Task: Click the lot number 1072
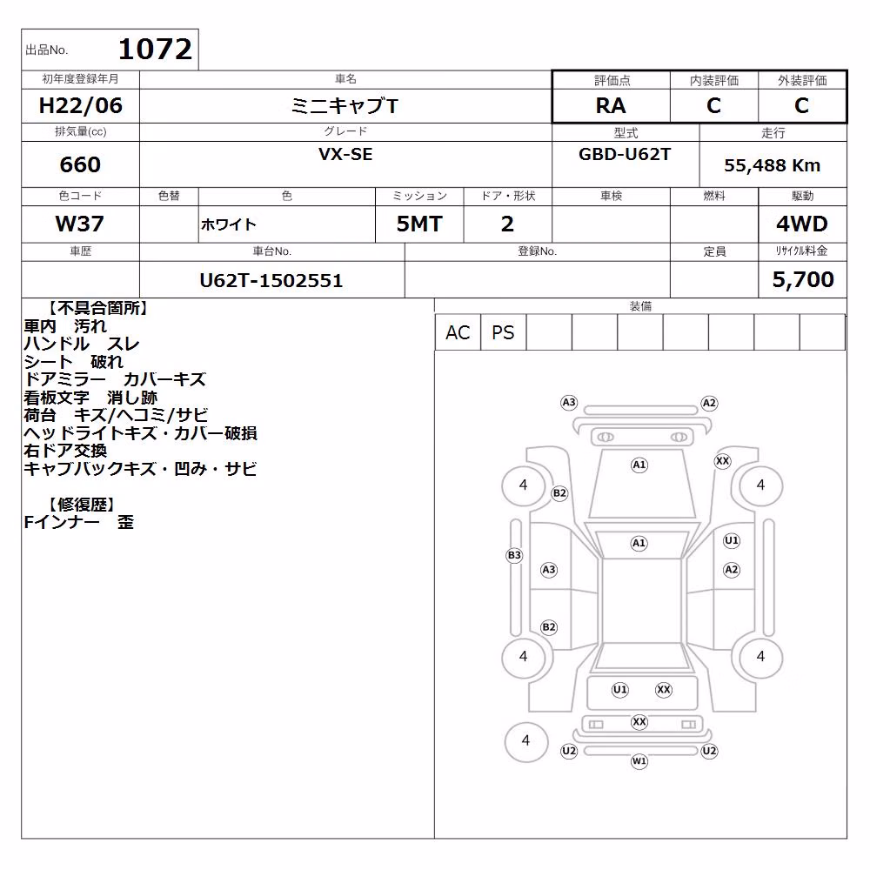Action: pos(155,50)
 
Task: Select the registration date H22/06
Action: pos(80,105)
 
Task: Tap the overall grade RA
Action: pos(611,105)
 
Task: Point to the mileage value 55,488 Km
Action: pos(772,165)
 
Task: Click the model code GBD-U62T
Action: pos(625,154)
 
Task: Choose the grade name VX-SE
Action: pos(345,154)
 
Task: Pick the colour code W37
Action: pos(80,224)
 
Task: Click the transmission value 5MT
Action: pos(419,224)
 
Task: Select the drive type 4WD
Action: pos(802,224)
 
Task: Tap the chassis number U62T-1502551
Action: pos(271,280)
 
